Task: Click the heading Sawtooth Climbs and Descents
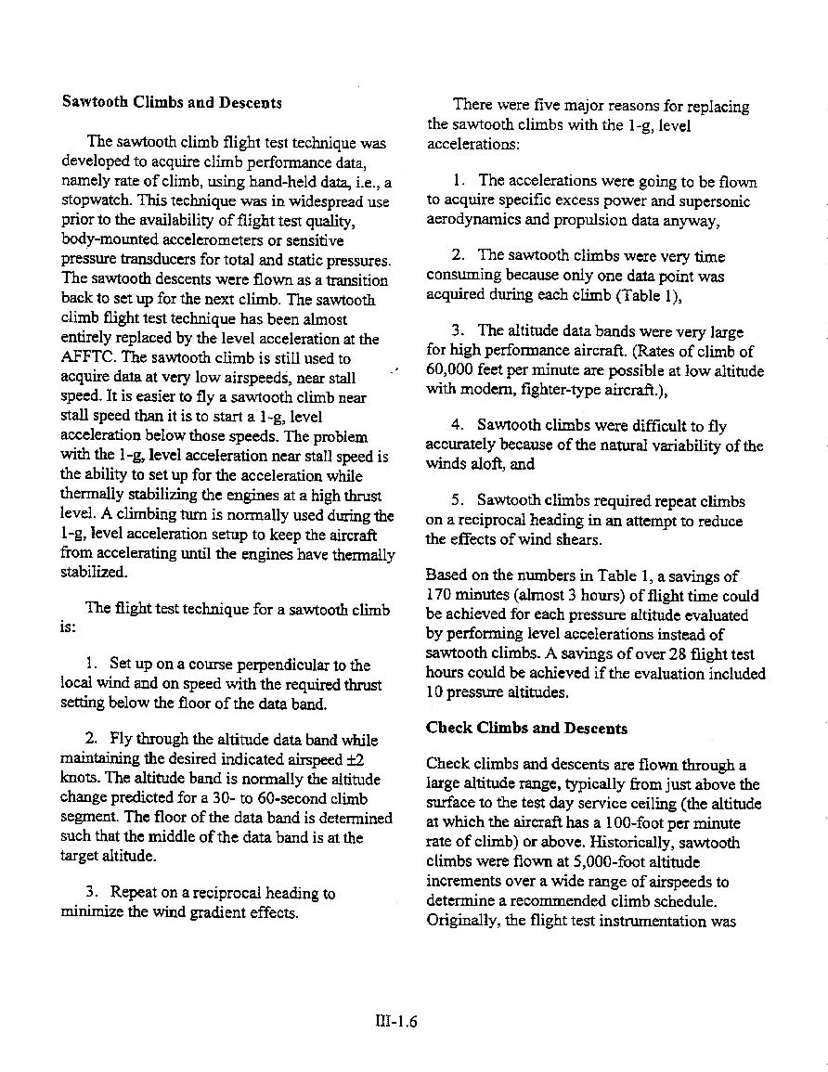[172, 102]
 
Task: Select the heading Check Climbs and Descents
[526, 728]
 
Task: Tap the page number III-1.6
[393, 1023]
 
